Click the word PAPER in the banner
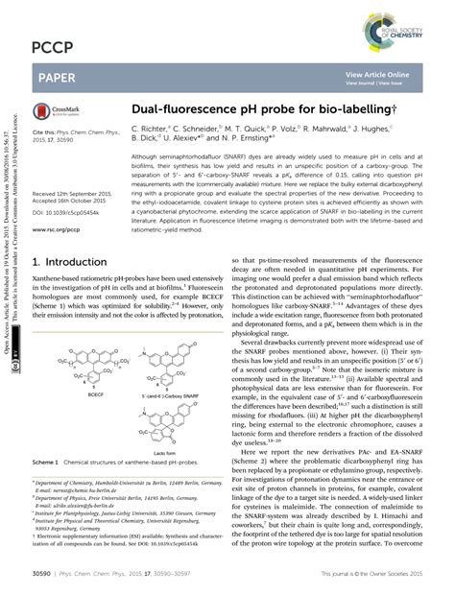(x=58, y=74)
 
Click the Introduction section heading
(x=69, y=261)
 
